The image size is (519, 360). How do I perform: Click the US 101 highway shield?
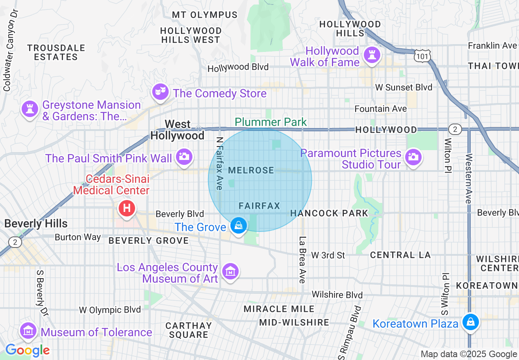(x=421, y=56)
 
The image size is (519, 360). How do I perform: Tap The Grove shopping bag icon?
(x=238, y=225)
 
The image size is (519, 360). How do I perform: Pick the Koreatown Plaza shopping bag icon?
(x=471, y=322)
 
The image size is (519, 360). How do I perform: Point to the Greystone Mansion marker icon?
(x=30, y=109)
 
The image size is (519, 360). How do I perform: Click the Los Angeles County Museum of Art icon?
(x=230, y=271)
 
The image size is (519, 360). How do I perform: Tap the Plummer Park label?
(x=271, y=122)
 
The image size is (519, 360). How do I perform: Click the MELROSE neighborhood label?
(x=251, y=170)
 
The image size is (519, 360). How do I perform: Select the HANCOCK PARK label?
(x=329, y=213)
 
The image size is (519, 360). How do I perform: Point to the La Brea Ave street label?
(x=302, y=260)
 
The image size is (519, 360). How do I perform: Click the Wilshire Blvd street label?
(x=337, y=295)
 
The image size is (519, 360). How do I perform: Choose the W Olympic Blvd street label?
(x=110, y=310)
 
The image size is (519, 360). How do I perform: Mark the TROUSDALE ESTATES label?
(x=56, y=52)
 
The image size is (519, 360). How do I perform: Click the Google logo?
(x=27, y=351)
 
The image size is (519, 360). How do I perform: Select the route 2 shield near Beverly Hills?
(x=15, y=242)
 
